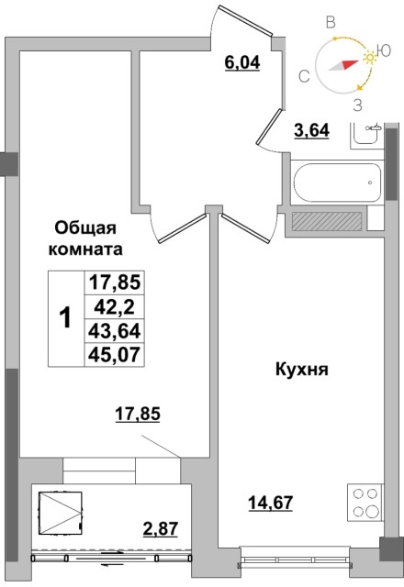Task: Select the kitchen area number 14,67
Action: (x=266, y=501)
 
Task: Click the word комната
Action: (x=89, y=248)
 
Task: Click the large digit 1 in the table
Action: (x=65, y=318)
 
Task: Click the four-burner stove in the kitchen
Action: (x=365, y=504)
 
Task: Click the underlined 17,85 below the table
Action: (x=138, y=414)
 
